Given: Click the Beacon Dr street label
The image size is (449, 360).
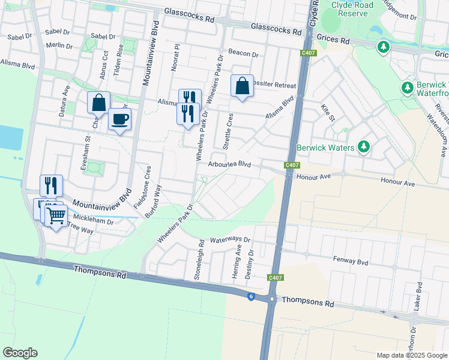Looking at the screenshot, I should [x=243, y=55].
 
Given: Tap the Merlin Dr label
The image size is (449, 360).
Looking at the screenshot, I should [x=58, y=46].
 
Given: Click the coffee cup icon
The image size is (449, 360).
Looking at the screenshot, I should [x=119, y=119].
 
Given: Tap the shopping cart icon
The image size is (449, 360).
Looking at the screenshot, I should [x=56, y=216].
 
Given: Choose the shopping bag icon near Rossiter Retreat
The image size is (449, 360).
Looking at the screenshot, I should [x=242, y=86].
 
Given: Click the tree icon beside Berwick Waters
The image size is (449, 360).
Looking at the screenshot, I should [x=363, y=147].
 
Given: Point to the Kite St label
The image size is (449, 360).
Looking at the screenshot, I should [x=327, y=112].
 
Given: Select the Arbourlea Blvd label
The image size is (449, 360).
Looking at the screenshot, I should [x=229, y=164].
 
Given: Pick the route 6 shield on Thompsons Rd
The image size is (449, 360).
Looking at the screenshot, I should [x=250, y=296].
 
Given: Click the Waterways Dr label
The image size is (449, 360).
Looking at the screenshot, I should [x=230, y=239].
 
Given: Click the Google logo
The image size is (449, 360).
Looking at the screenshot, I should [x=20, y=353].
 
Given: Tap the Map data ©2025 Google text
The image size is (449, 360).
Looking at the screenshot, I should [x=411, y=355].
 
